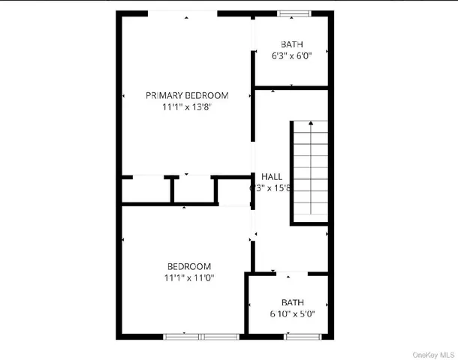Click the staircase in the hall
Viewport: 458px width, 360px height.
tap(309, 172)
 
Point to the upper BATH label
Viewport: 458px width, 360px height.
tap(293, 44)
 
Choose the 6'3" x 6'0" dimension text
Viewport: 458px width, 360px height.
tap(293, 55)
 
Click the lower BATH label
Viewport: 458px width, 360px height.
tap(293, 303)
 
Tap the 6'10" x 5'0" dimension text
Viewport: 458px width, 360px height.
tap(293, 314)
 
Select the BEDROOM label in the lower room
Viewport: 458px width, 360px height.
tap(188, 266)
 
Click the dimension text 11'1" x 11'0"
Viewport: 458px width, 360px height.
tap(188, 277)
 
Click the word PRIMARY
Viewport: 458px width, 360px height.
tap(164, 95)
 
